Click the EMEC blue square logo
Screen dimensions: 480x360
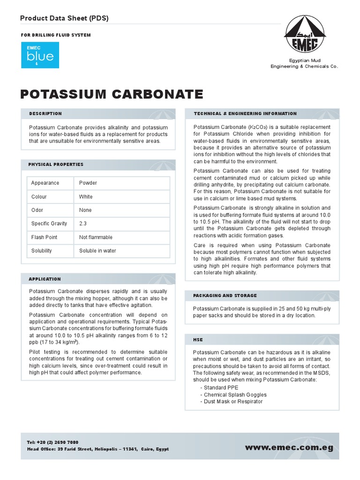(40, 55)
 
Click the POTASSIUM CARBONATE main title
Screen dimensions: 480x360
(112, 94)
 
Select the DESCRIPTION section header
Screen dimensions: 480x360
(45, 113)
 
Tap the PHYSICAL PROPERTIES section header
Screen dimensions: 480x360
(56, 165)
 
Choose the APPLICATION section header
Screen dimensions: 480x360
(45, 279)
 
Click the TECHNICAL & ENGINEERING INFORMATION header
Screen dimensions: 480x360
(245, 113)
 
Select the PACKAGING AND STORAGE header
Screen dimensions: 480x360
(225, 296)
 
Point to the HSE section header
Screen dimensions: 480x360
(198, 339)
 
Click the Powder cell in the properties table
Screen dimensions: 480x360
(88, 183)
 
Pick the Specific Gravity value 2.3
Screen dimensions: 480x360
(83, 224)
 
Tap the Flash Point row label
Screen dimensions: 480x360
(44, 237)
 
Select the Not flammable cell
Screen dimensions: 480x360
(96, 237)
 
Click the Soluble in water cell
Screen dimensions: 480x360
(97, 251)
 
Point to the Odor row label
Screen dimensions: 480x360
(38, 210)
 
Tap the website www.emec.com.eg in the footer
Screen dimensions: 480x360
(289, 448)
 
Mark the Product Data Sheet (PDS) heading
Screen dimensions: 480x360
(64, 18)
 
